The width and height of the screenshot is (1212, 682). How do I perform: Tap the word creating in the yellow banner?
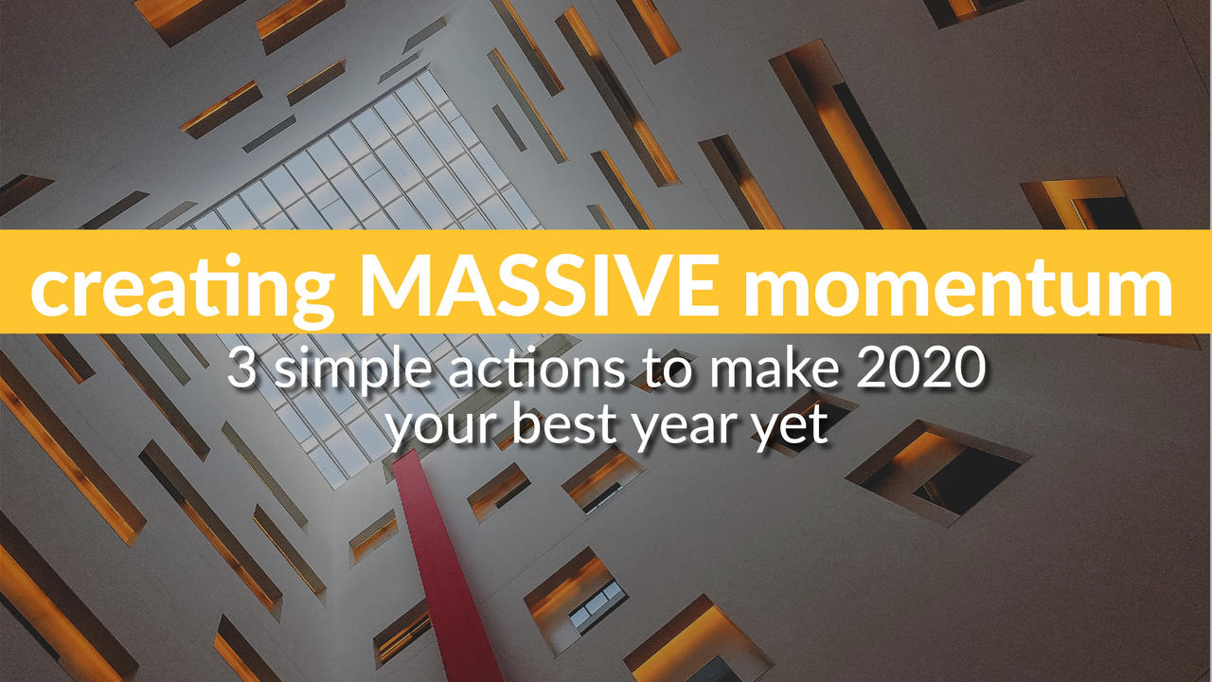[183, 290]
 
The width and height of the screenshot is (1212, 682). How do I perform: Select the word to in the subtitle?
[668, 368]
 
